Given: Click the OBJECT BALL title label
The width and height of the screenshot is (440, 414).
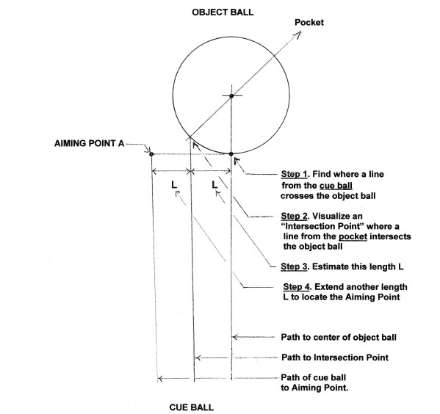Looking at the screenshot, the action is (x=223, y=12).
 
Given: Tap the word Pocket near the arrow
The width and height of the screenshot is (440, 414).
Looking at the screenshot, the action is (x=309, y=23).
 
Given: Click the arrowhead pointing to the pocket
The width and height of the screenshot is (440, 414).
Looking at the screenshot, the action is (x=297, y=34).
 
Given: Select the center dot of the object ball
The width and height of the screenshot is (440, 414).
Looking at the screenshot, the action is (x=231, y=96).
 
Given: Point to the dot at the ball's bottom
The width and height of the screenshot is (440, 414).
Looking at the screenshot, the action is (x=231, y=154).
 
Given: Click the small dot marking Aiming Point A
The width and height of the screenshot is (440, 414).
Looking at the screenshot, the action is (x=151, y=154).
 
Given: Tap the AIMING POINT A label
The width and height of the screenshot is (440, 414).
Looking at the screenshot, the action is (x=89, y=143).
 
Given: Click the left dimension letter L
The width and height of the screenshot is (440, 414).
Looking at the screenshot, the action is (x=174, y=185).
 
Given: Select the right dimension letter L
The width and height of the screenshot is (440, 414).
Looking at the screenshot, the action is (x=214, y=184).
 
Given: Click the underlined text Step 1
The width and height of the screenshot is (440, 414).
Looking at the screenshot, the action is (x=295, y=174).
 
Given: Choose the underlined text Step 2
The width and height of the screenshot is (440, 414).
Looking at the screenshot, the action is (x=294, y=217).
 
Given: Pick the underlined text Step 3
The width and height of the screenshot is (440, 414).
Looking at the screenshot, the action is (x=294, y=266).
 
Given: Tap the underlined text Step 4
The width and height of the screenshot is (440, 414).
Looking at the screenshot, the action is (x=297, y=287).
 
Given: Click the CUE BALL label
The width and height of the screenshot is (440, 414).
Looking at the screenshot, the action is (x=192, y=407).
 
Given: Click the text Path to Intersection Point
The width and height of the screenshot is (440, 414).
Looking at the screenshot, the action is (x=335, y=357).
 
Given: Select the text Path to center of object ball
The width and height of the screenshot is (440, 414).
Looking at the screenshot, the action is (x=339, y=337).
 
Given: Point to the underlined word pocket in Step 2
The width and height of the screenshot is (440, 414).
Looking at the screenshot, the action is (x=353, y=237).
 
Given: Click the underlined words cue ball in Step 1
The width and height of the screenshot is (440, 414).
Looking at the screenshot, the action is (x=336, y=186).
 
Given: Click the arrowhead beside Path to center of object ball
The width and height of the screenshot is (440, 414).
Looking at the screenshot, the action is (x=235, y=337).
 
